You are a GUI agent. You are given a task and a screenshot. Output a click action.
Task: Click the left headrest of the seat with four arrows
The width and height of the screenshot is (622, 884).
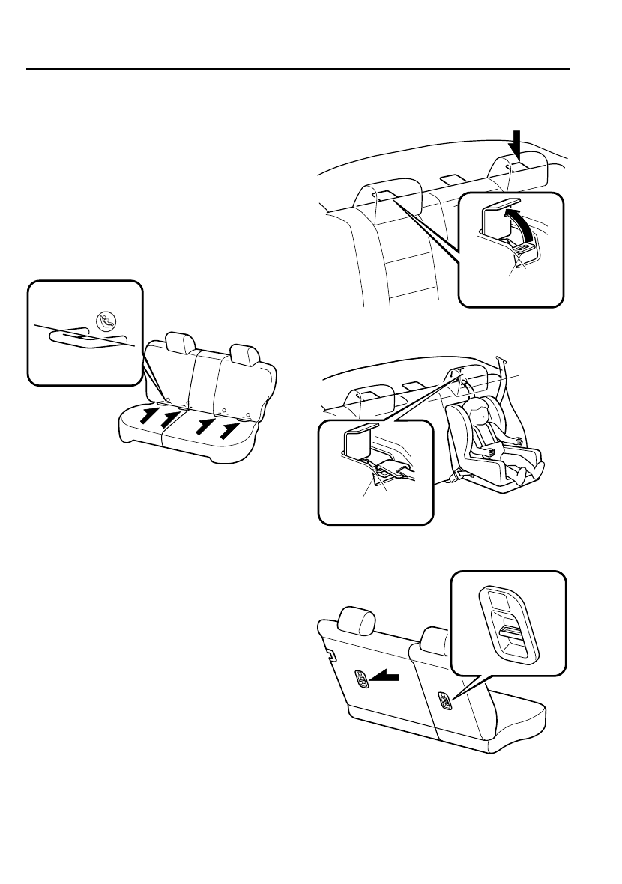[x=179, y=342]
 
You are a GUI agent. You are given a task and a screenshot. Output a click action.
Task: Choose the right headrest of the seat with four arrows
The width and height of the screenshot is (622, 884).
[x=244, y=354]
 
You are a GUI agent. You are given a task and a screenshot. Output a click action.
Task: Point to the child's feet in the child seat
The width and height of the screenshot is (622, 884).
[x=539, y=470]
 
